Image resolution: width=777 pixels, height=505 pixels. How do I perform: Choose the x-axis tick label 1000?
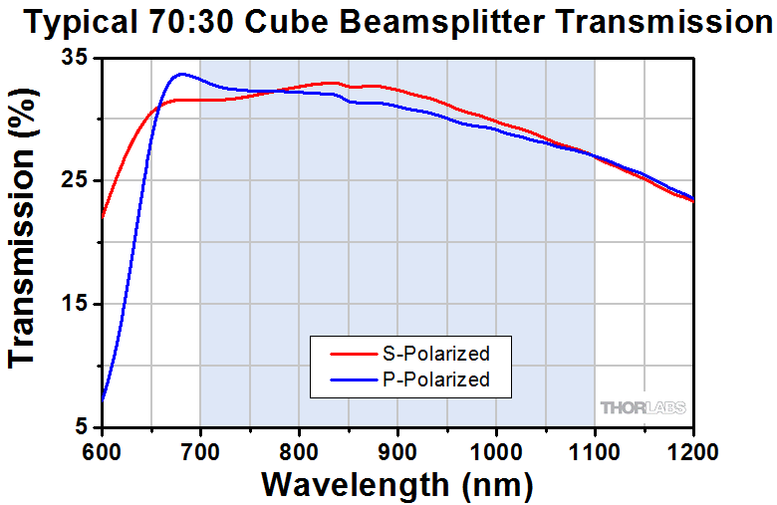(x=495, y=449)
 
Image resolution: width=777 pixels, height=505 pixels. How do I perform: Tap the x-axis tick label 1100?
(x=594, y=449)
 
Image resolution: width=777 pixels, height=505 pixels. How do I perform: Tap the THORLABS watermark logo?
(x=642, y=407)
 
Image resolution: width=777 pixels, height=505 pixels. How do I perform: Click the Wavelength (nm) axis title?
(x=396, y=485)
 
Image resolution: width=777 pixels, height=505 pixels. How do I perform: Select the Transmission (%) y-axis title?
(x=26, y=243)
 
